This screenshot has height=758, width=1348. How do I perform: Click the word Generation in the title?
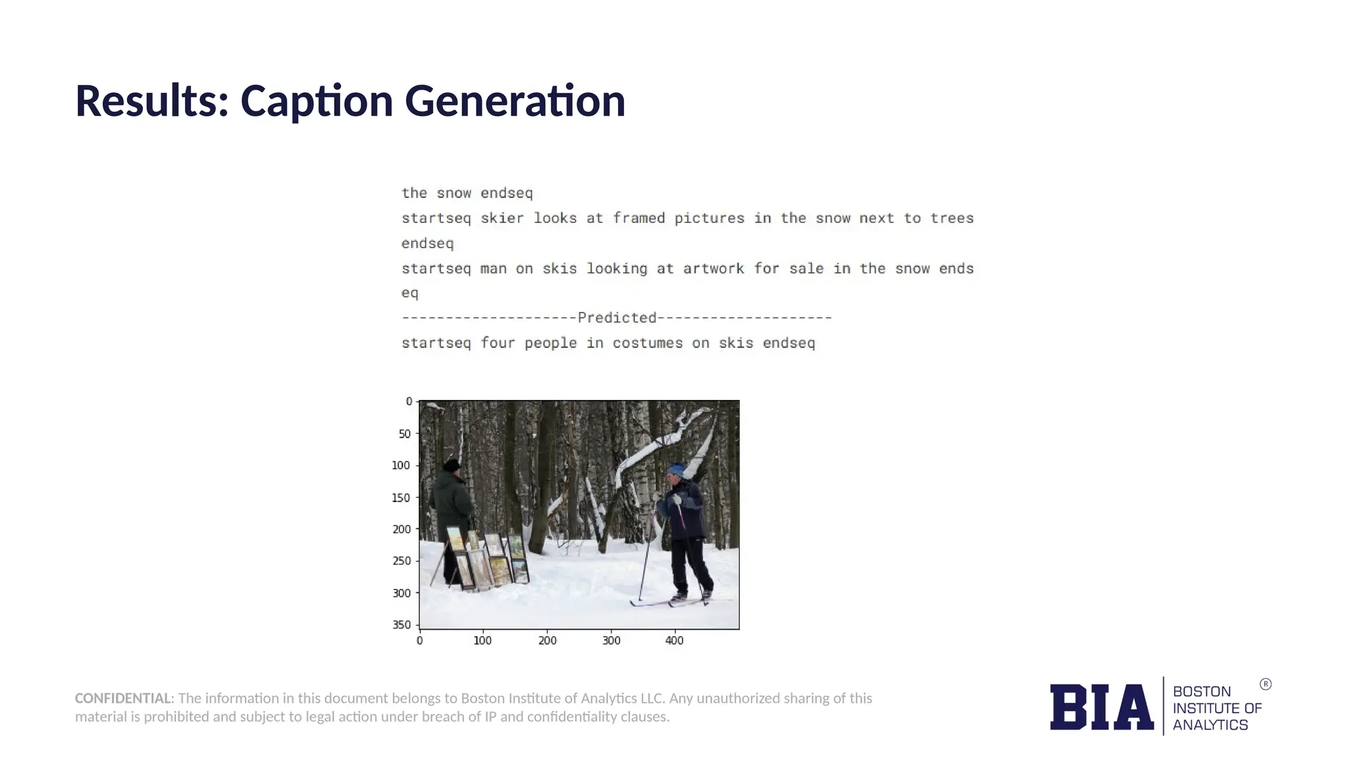[x=515, y=101]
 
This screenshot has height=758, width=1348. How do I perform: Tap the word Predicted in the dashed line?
[x=617, y=318]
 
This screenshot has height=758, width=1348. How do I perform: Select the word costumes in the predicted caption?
[x=648, y=343]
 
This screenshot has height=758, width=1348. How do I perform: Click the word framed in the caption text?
[x=639, y=218]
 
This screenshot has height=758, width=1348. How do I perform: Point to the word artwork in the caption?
[x=713, y=268]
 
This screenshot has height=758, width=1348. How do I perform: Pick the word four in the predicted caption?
[x=498, y=343]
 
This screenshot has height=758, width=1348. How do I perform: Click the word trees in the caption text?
[x=952, y=218]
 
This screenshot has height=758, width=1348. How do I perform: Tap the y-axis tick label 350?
[x=402, y=624]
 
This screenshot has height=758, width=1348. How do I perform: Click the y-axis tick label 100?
[x=401, y=465]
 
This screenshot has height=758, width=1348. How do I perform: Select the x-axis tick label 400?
[x=674, y=640]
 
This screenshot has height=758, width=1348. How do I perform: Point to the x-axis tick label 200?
[x=547, y=640]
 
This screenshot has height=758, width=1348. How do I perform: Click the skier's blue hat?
[x=676, y=470]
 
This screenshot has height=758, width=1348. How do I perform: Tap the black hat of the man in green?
[x=452, y=465]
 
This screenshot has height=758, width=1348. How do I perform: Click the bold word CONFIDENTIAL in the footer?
[x=123, y=698]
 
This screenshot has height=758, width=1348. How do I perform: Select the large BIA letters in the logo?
[x=1101, y=707]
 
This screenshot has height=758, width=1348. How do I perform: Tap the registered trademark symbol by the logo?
[x=1265, y=684]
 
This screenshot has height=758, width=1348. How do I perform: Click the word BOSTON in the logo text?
[x=1201, y=692]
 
